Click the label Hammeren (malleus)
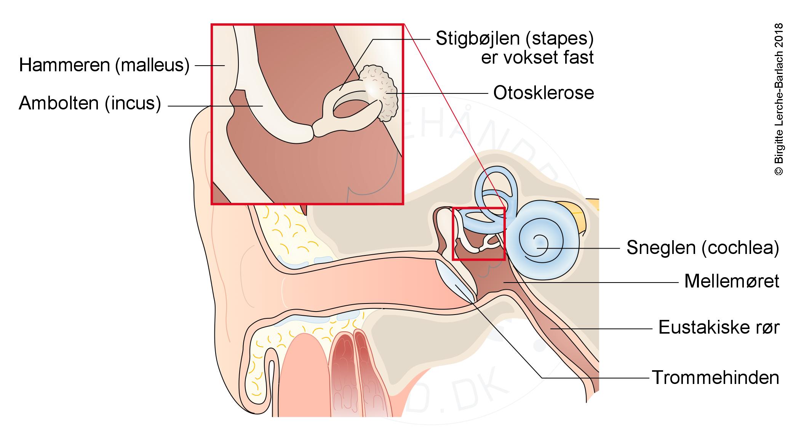[104, 65]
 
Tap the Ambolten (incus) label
[90, 103]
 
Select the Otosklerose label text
[543, 93]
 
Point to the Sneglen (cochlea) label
[703, 248]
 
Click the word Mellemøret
[732, 281]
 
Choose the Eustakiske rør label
[719, 328]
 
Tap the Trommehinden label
[716, 377]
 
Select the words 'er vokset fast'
[537, 58]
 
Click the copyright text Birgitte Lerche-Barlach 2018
[779, 99]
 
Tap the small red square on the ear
[478, 234]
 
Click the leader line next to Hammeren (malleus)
[209, 66]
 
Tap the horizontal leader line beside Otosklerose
[442, 93]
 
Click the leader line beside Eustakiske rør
[602, 328]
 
